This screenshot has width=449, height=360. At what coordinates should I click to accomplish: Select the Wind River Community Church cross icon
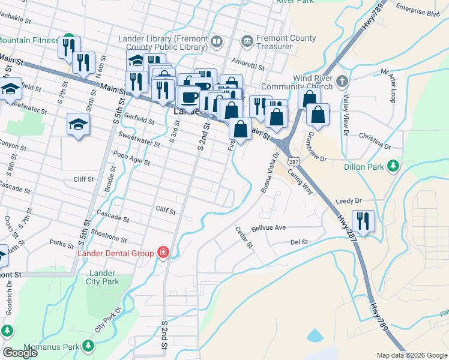(342, 81)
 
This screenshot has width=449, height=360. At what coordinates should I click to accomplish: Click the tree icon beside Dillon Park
(394, 165)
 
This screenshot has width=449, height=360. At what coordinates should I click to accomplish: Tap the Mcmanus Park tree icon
(88, 346)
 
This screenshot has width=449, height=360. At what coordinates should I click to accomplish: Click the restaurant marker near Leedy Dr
(363, 221)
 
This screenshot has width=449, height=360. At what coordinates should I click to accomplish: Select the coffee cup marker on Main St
(190, 97)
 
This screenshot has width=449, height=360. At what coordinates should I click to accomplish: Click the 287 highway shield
(293, 161)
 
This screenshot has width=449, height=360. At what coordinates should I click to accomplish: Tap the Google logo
(20, 353)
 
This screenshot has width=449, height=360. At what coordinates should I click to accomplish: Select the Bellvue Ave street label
(268, 228)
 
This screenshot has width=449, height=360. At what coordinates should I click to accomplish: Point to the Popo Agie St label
(131, 158)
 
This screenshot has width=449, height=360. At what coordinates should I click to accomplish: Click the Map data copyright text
(411, 355)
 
